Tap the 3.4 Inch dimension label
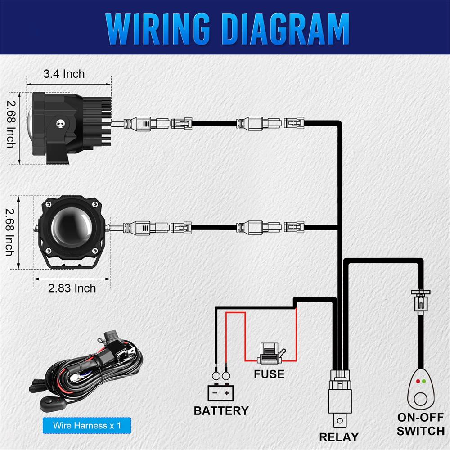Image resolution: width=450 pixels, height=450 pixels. pos(64,73)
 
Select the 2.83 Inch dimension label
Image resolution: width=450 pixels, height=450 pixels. pos(72,288)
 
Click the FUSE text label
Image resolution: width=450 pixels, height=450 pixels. pos(269,374)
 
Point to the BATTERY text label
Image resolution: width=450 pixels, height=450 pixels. pos(221,410)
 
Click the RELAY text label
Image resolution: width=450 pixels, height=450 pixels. pos(338,436)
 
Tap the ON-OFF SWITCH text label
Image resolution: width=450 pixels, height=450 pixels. pos(421,424)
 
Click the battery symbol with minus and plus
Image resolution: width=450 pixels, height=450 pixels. pos(221,393)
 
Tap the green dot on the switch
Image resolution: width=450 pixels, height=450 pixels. pos(424,381)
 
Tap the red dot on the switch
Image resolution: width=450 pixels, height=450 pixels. pos(418,381)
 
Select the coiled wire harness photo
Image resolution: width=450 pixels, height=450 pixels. pos(90,369)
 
